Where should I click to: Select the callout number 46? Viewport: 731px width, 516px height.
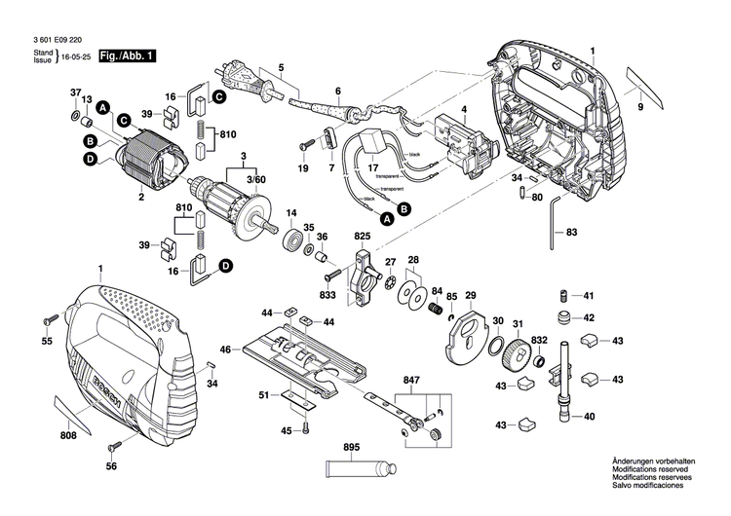click(225, 349)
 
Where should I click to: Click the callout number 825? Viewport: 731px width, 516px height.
click(363, 238)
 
